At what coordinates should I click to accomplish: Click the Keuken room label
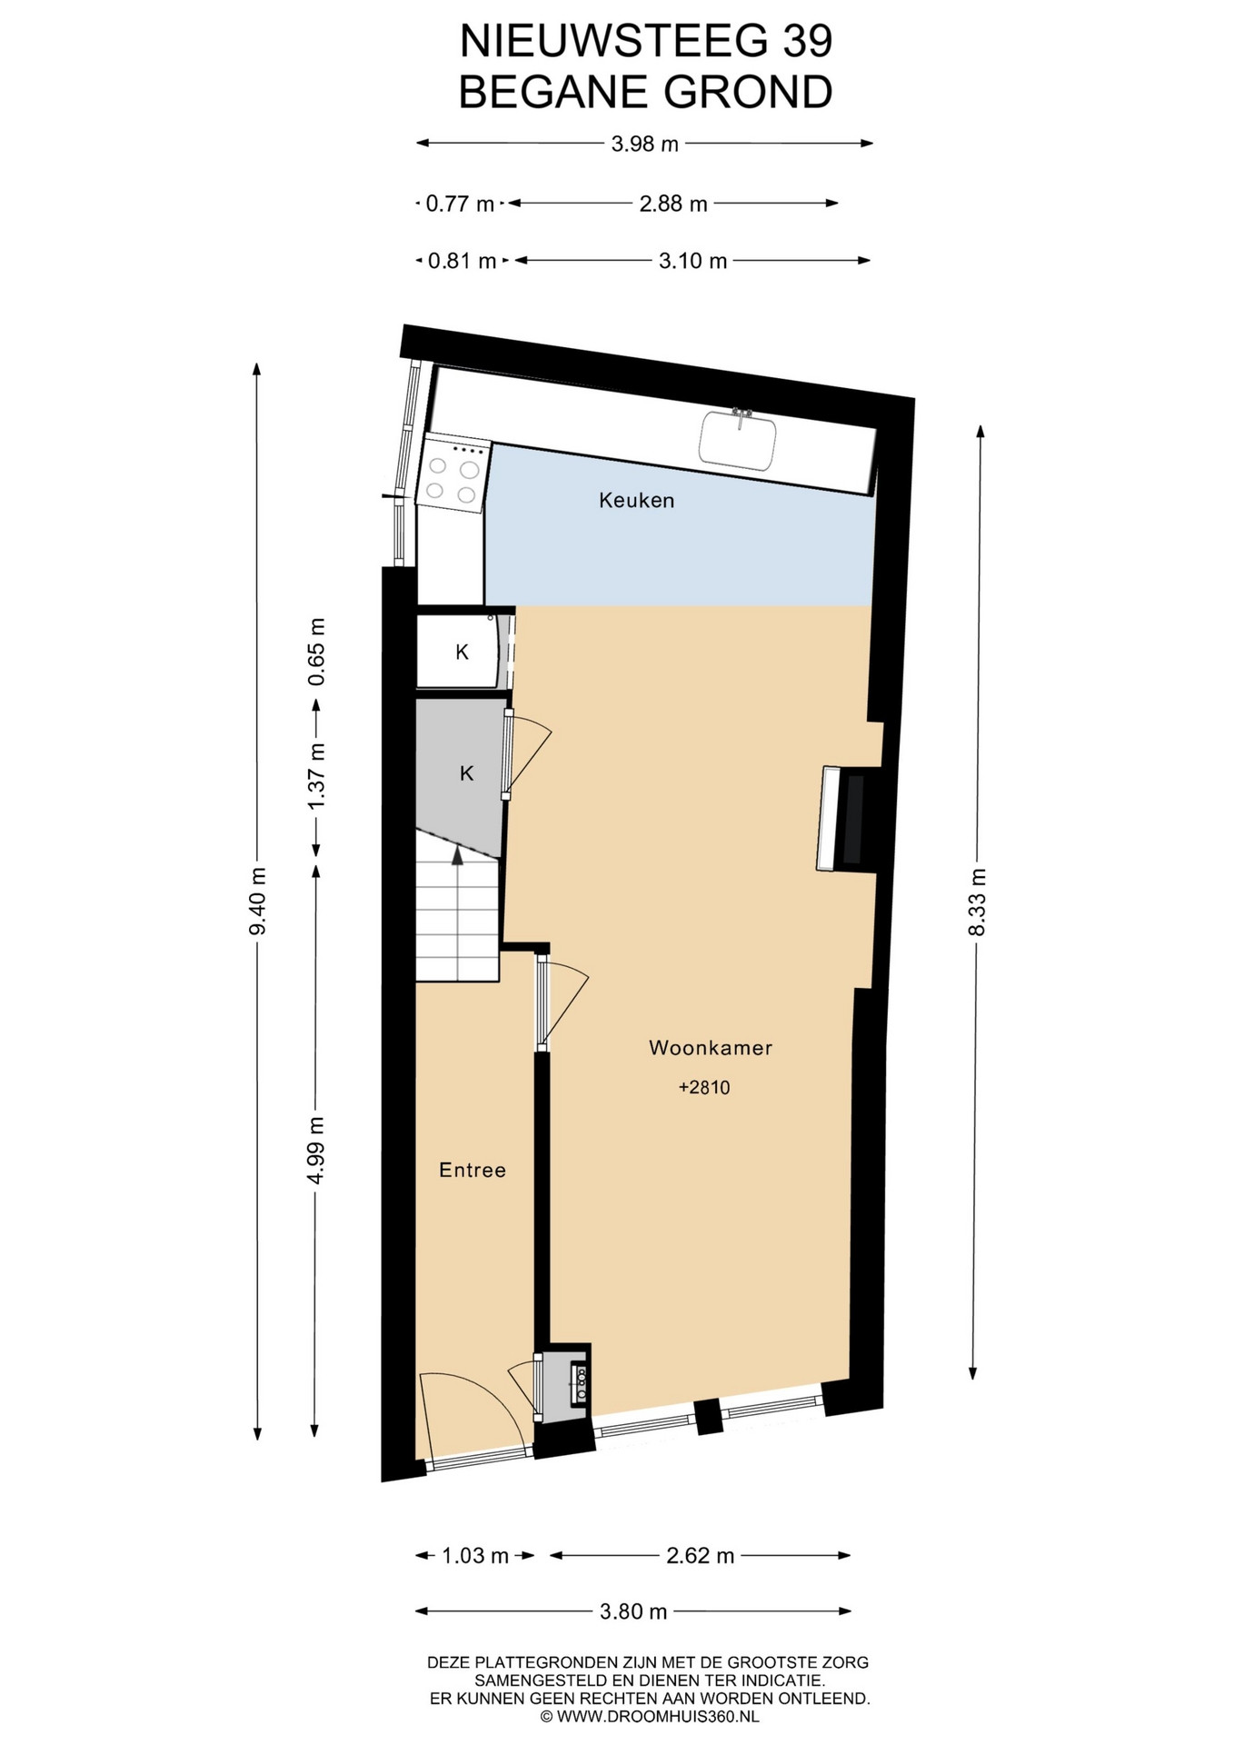636,500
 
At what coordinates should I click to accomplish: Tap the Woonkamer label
711,1047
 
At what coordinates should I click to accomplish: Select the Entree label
473,1170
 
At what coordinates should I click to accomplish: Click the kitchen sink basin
738,440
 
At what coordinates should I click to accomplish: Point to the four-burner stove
453,473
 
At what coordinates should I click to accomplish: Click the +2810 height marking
704,1087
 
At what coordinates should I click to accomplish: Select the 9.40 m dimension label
259,901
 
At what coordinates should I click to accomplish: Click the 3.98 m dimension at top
645,144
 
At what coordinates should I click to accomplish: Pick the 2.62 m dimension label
701,1555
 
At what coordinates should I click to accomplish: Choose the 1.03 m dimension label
475,1555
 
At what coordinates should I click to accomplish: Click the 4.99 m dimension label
315,1150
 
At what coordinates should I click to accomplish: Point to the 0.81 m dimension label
462,262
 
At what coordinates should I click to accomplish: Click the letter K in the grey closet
467,773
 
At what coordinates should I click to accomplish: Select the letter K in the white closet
463,652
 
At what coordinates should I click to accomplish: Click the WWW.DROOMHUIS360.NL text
657,1717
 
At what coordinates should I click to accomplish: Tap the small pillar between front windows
708,1417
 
